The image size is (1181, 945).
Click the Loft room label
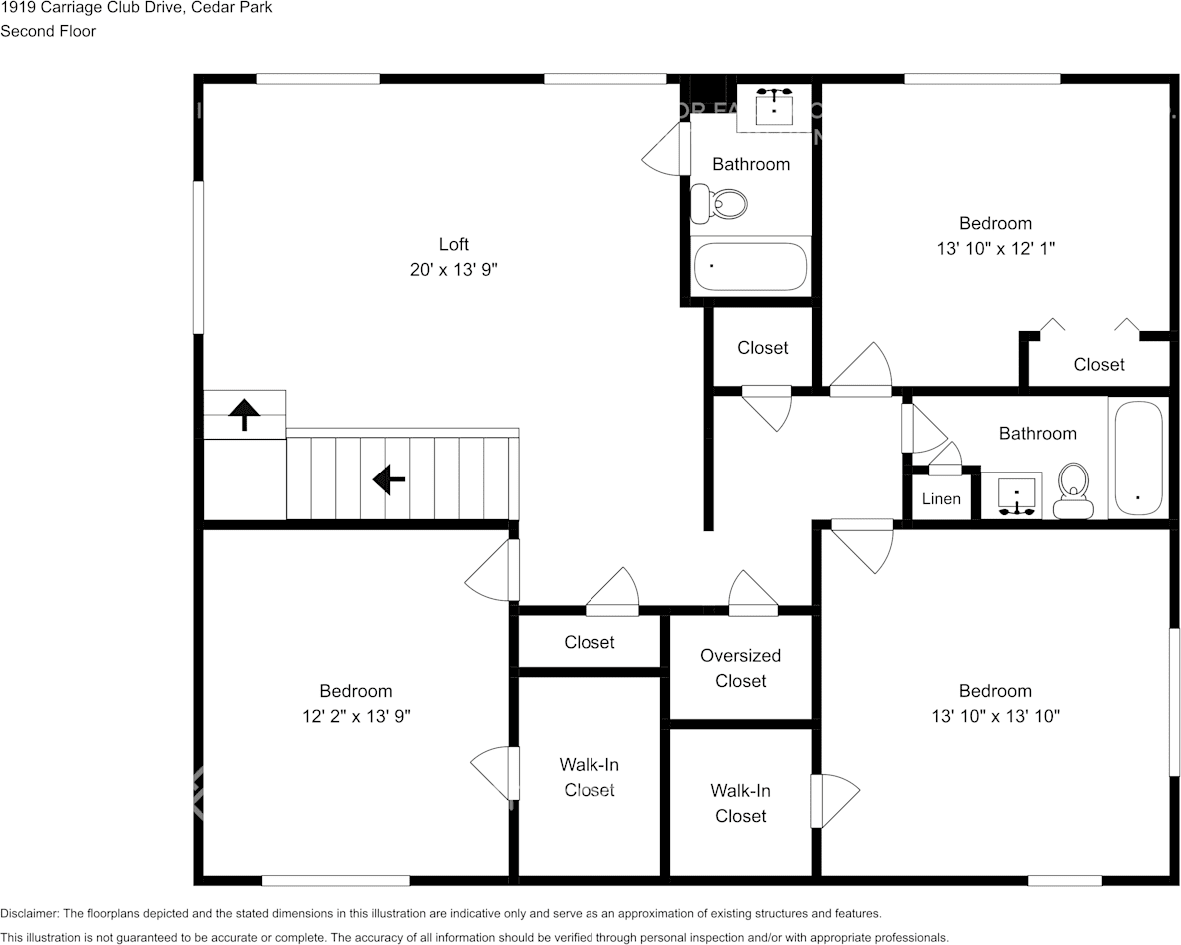click(x=454, y=244)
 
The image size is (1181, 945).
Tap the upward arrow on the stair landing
click(x=244, y=415)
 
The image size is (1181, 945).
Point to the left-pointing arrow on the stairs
click(x=389, y=479)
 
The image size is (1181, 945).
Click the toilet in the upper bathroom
click(x=719, y=203)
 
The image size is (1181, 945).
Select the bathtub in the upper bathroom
click(x=751, y=266)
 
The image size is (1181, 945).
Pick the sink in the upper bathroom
click(x=775, y=107)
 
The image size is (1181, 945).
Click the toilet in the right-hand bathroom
click(x=1073, y=490)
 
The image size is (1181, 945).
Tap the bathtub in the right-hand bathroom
click(x=1138, y=459)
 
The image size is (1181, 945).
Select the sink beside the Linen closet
click(x=1017, y=495)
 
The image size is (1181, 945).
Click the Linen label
click(x=941, y=499)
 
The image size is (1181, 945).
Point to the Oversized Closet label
click(x=741, y=668)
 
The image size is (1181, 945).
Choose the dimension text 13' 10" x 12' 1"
click(x=996, y=248)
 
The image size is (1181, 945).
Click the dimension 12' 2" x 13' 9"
click(x=356, y=716)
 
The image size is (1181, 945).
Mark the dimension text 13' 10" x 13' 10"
click(x=996, y=716)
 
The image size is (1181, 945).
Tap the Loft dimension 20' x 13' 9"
click(x=454, y=269)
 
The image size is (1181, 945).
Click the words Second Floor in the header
click(x=48, y=32)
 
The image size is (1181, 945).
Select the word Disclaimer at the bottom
click(x=29, y=913)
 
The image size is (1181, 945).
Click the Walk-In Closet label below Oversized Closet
click(x=741, y=803)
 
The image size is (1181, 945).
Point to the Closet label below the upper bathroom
click(x=763, y=347)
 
